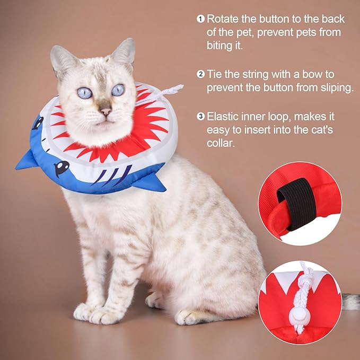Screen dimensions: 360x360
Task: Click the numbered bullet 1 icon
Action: (x=200, y=19)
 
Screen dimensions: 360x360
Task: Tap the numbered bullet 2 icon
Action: (x=200, y=74)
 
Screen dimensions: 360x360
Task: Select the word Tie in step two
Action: (x=214, y=74)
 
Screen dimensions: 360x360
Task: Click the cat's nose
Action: (x=106, y=112)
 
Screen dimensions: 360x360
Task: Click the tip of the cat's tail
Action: (x=351, y=302)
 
